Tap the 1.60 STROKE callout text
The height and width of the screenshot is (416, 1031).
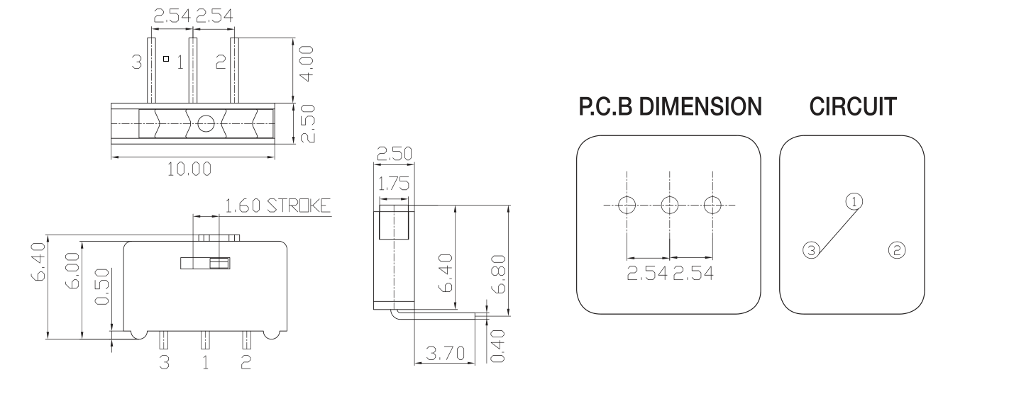(x=278, y=207)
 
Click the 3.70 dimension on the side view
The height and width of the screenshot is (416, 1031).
(x=445, y=352)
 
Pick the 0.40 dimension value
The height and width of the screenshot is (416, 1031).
(x=499, y=345)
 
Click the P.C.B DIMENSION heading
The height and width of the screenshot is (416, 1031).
(x=670, y=107)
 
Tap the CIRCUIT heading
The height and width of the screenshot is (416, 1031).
(x=852, y=107)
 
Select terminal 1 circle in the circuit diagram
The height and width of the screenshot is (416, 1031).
(x=855, y=201)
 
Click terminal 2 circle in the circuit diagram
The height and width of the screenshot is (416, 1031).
(x=897, y=249)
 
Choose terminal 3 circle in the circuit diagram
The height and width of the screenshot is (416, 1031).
(x=811, y=249)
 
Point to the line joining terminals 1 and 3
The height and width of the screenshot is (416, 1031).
(x=833, y=226)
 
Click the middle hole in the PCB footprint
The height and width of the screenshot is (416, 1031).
(x=669, y=206)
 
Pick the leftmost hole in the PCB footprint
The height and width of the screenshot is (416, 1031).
(x=627, y=206)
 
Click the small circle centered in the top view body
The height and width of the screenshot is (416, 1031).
(x=205, y=124)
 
